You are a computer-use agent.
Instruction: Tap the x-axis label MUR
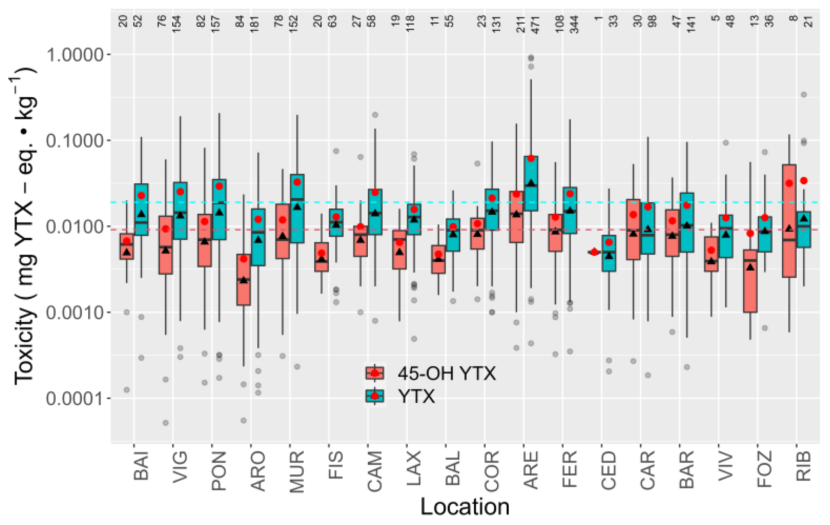pyautogui.click(x=297, y=472)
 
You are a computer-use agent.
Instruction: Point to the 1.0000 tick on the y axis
pyautogui.click(x=75, y=55)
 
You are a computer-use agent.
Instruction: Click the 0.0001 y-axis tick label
pyautogui.click(x=75, y=399)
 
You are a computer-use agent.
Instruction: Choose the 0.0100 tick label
pyautogui.click(x=75, y=227)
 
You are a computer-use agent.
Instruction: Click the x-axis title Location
pyautogui.click(x=465, y=507)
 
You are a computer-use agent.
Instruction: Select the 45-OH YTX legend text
pyautogui.click(x=447, y=374)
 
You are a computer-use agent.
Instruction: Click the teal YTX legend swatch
pyautogui.click(x=375, y=396)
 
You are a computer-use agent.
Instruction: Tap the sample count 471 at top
pyautogui.click(x=536, y=24)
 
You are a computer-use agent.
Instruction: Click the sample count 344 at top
pyautogui.click(x=574, y=24)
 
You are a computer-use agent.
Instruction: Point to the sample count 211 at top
pyautogui.click(x=521, y=24)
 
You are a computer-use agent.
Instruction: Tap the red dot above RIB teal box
pyautogui.click(x=804, y=180)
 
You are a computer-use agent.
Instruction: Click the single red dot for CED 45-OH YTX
pyautogui.click(x=594, y=252)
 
